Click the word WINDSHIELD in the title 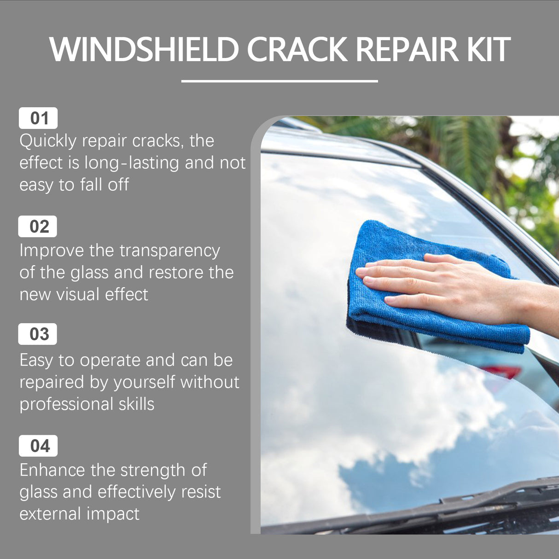click(x=144, y=49)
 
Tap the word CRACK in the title click(x=297, y=49)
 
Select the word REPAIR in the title click(x=407, y=49)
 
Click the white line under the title click(x=279, y=81)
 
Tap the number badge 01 click(x=38, y=118)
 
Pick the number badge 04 click(x=38, y=446)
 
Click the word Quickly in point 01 click(x=48, y=141)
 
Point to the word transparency click(x=170, y=251)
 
